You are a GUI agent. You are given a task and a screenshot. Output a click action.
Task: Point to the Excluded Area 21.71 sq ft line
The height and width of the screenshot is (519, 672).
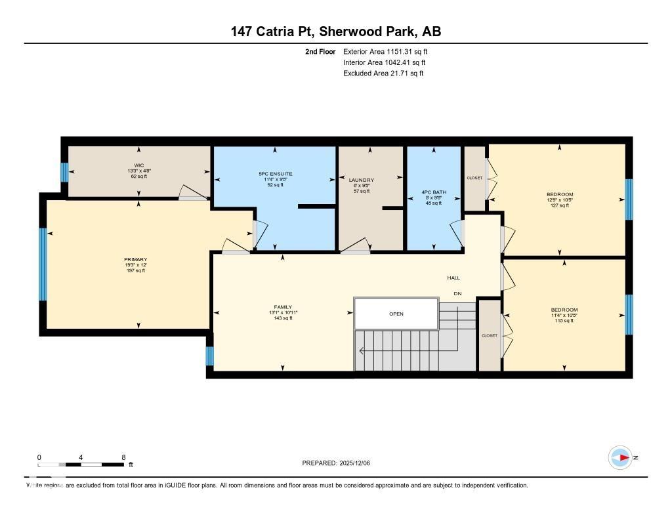point(383,73)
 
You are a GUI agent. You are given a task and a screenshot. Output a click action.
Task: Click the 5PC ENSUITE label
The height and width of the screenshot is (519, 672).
point(275,174)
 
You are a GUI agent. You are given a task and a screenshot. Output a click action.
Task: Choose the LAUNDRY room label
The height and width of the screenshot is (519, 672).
point(362,180)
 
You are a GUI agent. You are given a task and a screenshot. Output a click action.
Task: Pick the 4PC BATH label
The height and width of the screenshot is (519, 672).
point(433,192)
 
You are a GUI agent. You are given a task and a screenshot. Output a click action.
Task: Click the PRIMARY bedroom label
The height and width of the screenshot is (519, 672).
point(136,259)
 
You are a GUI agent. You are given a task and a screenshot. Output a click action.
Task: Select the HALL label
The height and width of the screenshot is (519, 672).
point(453,278)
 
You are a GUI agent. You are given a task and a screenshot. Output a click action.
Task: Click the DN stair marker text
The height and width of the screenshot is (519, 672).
point(457,293)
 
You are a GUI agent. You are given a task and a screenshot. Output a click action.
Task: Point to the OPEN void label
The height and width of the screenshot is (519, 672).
point(396,314)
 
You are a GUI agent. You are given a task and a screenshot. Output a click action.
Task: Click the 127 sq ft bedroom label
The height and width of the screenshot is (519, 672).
point(560,194)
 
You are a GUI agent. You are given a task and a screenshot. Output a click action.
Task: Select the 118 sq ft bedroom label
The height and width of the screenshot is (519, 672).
point(564,310)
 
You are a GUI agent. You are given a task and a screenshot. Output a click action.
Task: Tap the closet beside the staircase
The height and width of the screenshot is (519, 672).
point(490,335)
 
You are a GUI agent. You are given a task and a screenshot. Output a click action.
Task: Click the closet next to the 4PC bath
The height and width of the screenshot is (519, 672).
point(474,178)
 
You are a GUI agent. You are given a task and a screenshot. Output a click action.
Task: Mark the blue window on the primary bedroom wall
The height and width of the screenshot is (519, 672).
point(43,264)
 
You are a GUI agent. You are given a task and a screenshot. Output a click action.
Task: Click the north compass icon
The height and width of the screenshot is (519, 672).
point(620,457)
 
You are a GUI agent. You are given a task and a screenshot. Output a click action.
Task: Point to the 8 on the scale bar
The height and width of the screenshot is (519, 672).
point(123,457)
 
